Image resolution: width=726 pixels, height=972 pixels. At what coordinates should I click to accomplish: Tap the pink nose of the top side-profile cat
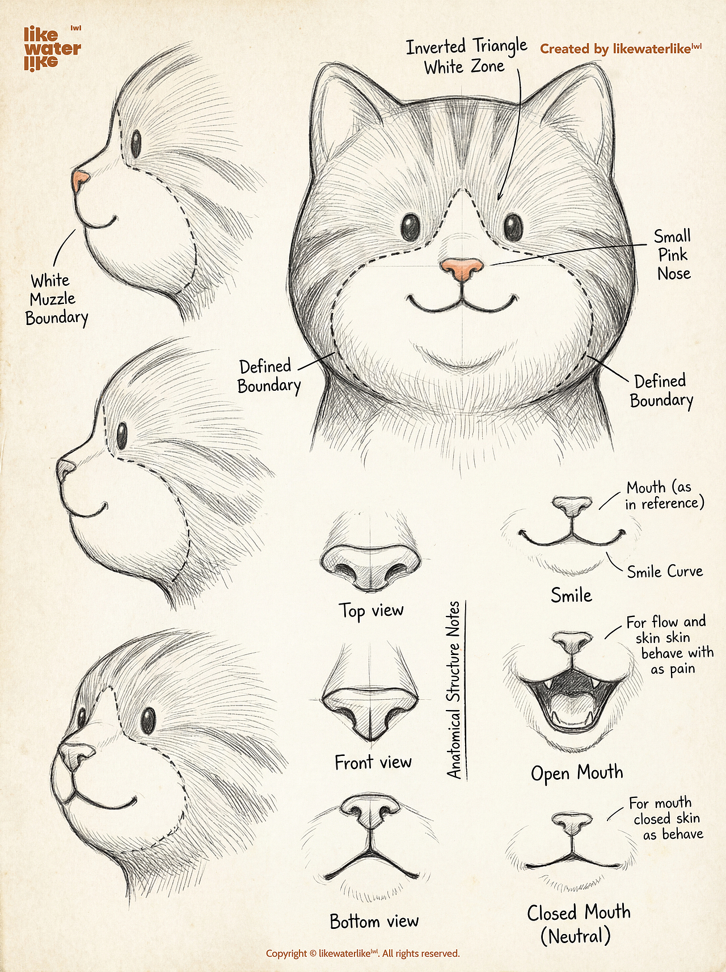click(x=80, y=181)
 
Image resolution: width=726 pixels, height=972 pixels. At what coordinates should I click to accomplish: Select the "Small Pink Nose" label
click(x=673, y=255)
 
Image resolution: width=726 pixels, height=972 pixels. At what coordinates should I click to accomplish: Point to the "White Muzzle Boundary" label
click(x=57, y=299)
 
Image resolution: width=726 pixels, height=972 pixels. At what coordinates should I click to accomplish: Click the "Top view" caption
click(x=372, y=611)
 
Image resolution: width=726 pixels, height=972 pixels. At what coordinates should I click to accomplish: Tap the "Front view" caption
click(x=373, y=762)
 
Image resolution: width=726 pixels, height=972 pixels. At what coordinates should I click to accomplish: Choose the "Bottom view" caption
click(x=374, y=921)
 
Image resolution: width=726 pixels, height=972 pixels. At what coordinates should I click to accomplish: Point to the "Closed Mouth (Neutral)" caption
click(x=578, y=924)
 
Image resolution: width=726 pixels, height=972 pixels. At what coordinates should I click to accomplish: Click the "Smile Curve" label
click(x=665, y=571)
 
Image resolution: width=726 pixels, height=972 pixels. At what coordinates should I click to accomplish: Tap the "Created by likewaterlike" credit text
click(x=621, y=49)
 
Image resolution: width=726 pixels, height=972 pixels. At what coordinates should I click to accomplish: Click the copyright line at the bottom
click(x=363, y=953)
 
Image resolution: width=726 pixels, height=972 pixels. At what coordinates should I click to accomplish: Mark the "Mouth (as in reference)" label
click(x=664, y=495)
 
